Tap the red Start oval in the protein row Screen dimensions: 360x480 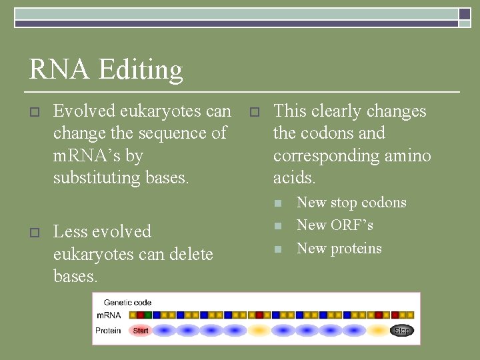coord(141,330)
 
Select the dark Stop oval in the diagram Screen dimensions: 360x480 coord(401,330)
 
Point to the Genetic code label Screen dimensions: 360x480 coord(127,302)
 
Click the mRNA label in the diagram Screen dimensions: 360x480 coord(109,315)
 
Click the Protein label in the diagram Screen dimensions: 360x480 coord(108,330)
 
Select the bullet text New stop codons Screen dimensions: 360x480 coord(351,203)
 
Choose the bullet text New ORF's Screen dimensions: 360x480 coord(335,225)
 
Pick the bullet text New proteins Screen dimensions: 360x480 coord(339,249)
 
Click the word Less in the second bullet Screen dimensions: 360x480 coord(69,231)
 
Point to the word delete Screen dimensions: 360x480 coord(190,254)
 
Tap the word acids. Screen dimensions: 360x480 coord(294,178)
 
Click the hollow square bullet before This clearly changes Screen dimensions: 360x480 coord(253,112)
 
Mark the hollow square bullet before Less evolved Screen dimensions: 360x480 coord(34,233)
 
